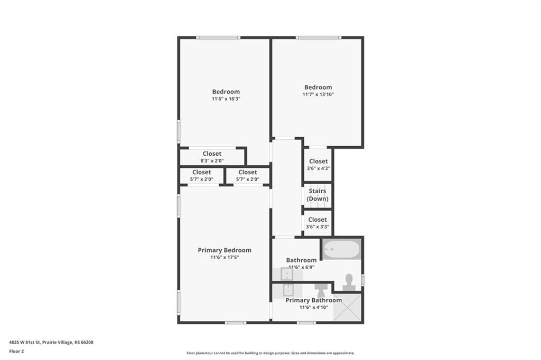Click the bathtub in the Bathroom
(x=342, y=249)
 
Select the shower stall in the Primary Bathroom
(x=347, y=307)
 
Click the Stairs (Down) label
(x=318, y=195)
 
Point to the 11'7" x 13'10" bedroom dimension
(x=318, y=94)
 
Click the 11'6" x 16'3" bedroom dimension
(x=226, y=99)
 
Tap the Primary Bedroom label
(x=225, y=250)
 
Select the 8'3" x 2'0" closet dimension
(x=212, y=160)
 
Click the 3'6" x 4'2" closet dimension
(x=319, y=168)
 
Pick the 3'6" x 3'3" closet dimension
(x=318, y=226)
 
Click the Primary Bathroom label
(x=314, y=300)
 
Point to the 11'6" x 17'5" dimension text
(x=225, y=257)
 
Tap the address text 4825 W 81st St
(x=25, y=343)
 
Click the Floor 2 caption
(x=16, y=352)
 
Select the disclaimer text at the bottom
(x=270, y=353)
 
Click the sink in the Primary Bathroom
(x=288, y=290)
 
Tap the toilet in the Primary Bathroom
(x=320, y=290)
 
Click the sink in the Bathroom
(x=287, y=274)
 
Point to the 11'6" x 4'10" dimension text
(x=314, y=307)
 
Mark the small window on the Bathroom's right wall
(x=362, y=279)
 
